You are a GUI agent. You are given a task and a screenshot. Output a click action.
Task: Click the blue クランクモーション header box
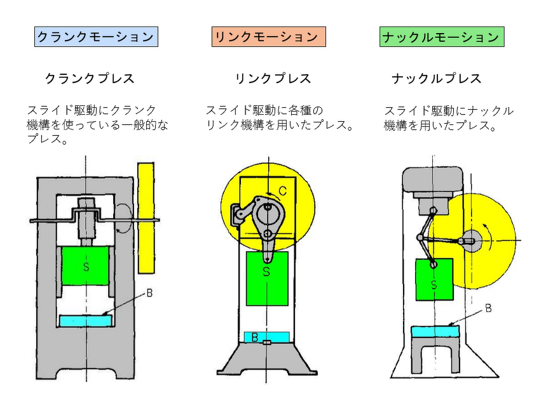[96, 37]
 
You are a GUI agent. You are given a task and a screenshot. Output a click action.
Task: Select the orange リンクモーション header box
[268, 37]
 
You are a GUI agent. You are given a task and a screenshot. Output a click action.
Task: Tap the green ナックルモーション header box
[442, 37]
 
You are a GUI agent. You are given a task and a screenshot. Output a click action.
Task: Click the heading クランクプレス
[90, 79]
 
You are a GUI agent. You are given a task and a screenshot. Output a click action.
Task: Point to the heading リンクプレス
[273, 79]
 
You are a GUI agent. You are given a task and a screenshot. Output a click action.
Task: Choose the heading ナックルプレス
[437, 79]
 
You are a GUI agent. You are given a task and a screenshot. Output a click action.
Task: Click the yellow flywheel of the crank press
[146, 216]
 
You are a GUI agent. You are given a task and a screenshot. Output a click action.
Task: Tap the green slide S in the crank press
[85, 266]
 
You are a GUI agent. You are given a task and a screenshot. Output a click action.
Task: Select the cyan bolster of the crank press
[85, 321]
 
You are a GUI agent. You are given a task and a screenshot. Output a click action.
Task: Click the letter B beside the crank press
[150, 293]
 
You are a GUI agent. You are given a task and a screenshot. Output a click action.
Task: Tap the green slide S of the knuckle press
[434, 279]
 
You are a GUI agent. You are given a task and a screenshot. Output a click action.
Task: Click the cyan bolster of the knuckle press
[435, 331]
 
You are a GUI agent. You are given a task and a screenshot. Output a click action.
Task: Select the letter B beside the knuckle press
[488, 308]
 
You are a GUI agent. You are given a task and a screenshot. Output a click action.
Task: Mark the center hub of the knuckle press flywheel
[472, 240]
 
